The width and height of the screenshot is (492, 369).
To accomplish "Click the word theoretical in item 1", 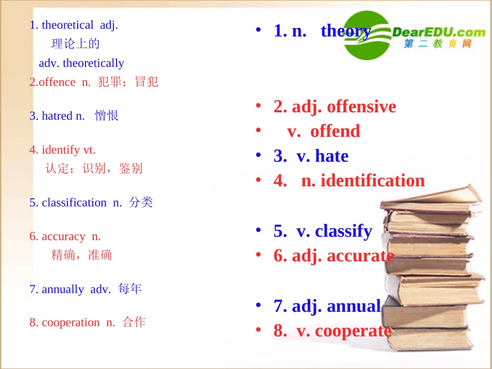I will tap(67, 25).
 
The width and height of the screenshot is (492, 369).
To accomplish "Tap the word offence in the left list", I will tap(57, 82).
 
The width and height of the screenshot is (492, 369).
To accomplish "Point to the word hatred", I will tap(57, 116).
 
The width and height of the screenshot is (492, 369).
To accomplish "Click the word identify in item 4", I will tap(61, 150).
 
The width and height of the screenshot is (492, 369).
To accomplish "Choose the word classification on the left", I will tap(74, 202).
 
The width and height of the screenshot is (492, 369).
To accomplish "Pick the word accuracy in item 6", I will tap(63, 237).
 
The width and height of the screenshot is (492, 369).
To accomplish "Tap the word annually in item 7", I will tap(63, 289).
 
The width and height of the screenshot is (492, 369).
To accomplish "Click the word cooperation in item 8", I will tap(70, 322).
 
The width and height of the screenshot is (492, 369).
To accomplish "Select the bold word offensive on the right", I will tap(361, 107).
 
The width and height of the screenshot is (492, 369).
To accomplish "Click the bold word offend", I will tap(335, 131).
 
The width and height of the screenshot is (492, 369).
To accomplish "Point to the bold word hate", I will tap(331, 156).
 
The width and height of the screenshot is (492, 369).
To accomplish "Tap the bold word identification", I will tap(372, 181).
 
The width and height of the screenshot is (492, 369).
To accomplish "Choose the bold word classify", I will tap(343, 231).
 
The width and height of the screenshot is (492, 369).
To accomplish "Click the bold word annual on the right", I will tap(354, 306).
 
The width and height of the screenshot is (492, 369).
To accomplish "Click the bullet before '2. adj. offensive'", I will tap(258, 107).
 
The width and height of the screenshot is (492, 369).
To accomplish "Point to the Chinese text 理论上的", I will tap(76, 44).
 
